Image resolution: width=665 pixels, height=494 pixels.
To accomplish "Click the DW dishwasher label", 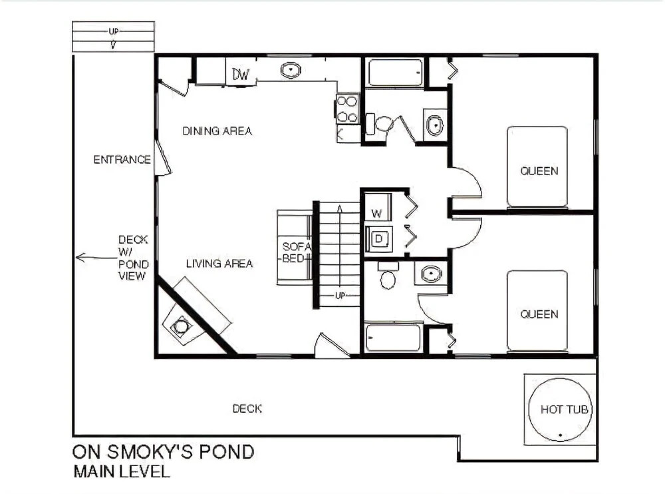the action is (x=240, y=75).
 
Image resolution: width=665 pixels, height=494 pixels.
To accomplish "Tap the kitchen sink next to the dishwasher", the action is (x=291, y=70).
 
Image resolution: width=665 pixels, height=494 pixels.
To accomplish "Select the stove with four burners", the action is (x=347, y=109).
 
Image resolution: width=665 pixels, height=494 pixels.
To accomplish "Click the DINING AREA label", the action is (x=217, y=131).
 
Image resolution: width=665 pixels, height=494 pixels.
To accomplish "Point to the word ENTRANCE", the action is (x=122, y=160).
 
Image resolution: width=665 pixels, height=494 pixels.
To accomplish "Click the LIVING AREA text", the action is (x=219, y=264).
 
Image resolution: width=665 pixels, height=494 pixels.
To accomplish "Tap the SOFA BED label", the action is (x=296, y=252).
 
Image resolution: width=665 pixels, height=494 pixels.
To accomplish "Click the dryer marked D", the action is (x=378, y=239).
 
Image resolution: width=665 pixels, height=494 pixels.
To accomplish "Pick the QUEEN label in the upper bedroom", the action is (x=539, y=170).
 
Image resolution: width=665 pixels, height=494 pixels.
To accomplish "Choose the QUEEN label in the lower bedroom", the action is (x=539, y=314).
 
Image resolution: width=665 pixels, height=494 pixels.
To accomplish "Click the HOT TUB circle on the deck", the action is (x=560, y=409).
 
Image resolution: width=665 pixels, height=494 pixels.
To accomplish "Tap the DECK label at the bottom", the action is (x=247, y=409).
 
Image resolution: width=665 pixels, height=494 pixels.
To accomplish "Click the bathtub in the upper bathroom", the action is (x=395, y=73).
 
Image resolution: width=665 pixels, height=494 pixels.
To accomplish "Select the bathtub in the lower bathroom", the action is (x=393, y=338).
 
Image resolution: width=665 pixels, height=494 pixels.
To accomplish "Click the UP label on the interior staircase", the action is (x=340, y=295).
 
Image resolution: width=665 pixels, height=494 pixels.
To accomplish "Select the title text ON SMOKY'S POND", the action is (x=164, y=452).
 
